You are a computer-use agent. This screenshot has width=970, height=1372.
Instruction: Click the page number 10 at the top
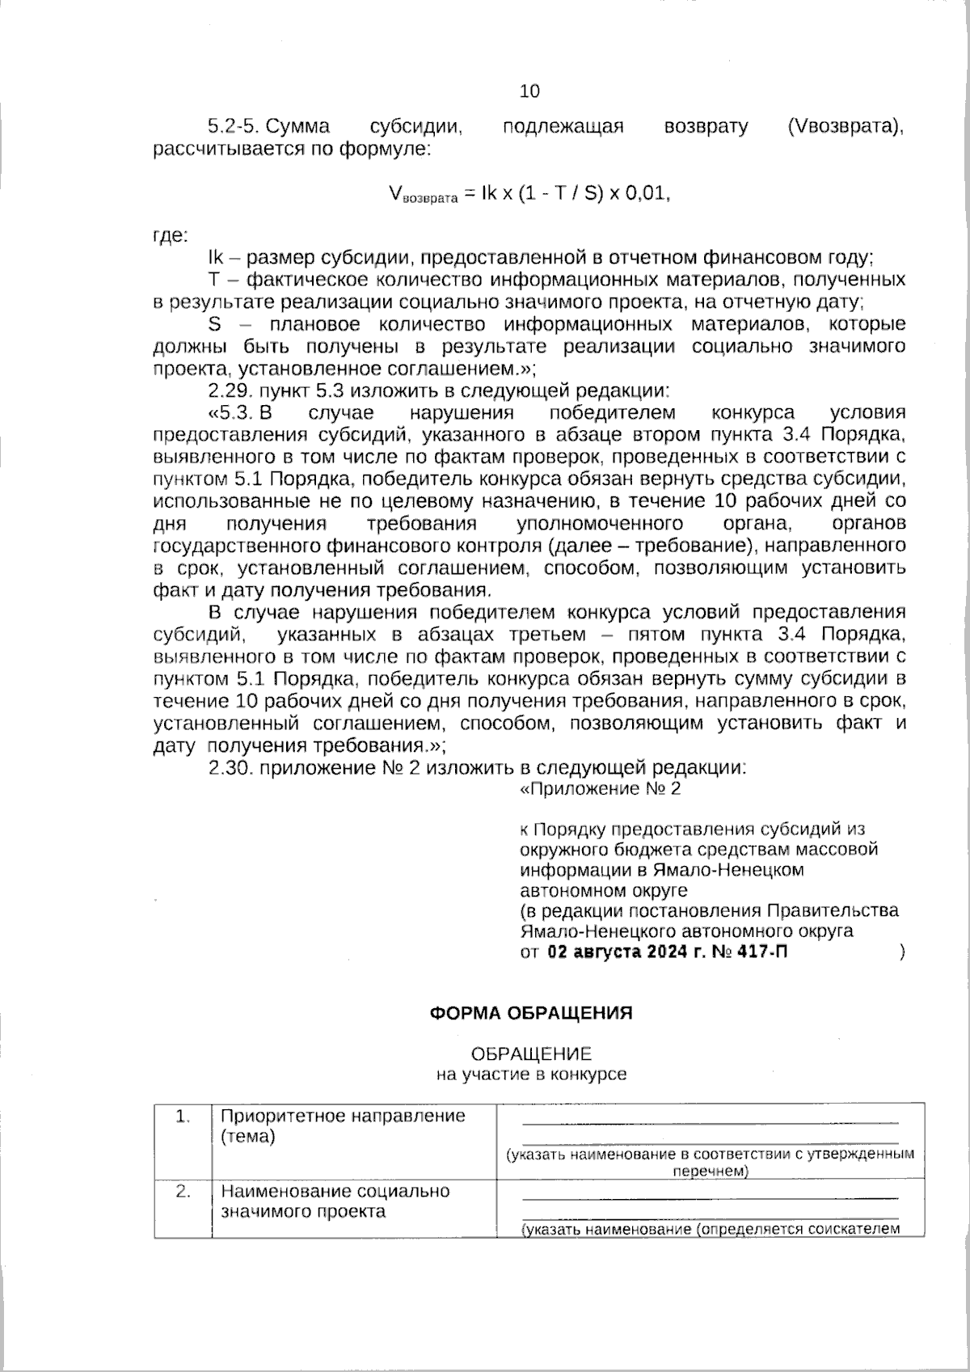[529, 91]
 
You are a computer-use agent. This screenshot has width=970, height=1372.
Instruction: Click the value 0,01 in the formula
[647, 195]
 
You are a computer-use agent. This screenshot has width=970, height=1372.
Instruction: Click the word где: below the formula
[171, 236]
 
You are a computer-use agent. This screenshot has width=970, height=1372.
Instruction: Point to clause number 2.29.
[231, 390]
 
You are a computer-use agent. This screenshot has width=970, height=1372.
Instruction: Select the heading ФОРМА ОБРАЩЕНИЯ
[530, 1013]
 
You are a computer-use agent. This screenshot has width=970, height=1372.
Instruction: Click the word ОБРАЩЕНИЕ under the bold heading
[531, 1054]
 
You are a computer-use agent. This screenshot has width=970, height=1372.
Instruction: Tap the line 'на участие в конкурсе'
[531, 1074]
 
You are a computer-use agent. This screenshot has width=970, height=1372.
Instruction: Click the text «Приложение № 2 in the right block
[599, 788]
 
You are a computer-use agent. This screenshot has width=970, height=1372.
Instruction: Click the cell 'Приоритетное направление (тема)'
[343, 1126]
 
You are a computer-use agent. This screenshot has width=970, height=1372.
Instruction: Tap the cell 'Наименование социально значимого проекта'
[335, 1201]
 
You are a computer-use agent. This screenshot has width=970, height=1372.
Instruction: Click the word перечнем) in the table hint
[710, 1171]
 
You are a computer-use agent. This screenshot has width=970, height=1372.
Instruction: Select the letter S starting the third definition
[214, 324]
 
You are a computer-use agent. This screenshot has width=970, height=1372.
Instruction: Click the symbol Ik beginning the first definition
[215, 258]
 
